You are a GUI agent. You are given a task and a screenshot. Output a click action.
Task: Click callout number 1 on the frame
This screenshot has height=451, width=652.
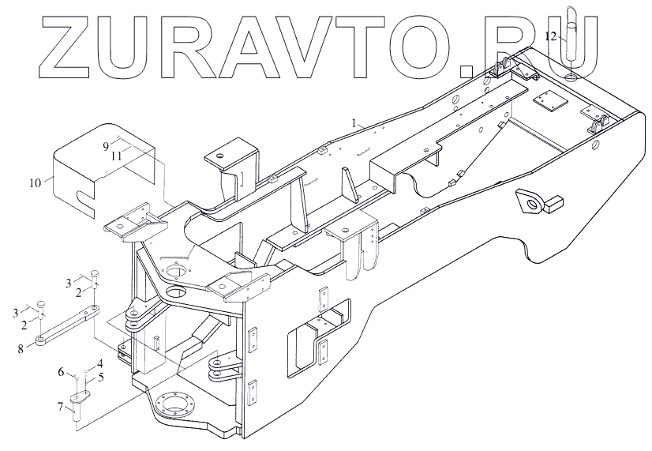[356, 122]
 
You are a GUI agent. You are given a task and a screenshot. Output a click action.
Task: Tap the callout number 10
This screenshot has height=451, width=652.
[35, 183]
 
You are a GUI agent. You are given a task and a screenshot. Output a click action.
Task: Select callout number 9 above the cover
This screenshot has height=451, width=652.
[105, 146]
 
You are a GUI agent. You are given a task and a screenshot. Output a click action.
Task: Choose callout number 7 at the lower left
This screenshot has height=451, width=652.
[61, 406]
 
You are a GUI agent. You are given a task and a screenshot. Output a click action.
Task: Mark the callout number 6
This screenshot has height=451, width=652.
[61, 370]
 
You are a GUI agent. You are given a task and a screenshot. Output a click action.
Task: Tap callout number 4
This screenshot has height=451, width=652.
[100, 364]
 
